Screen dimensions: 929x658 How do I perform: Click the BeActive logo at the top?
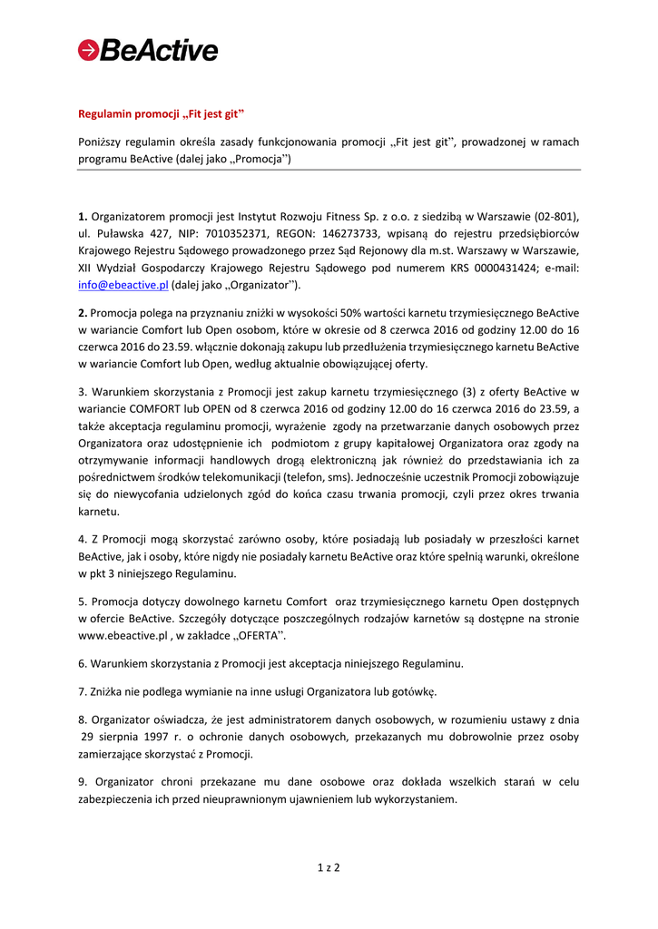(148, 50)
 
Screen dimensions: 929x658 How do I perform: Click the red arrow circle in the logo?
(88, 51)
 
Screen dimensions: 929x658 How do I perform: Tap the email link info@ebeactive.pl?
(123, 285)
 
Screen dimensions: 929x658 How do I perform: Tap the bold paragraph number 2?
(83, 312)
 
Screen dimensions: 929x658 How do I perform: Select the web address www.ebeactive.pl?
(122, 636)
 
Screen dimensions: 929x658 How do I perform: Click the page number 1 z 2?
(329, 868)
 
